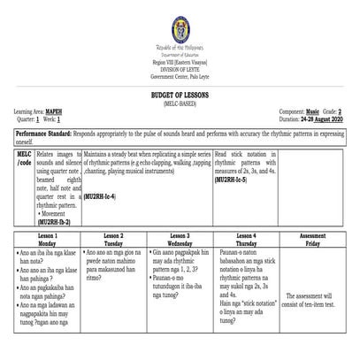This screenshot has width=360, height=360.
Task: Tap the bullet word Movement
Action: [x=58, y=214]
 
